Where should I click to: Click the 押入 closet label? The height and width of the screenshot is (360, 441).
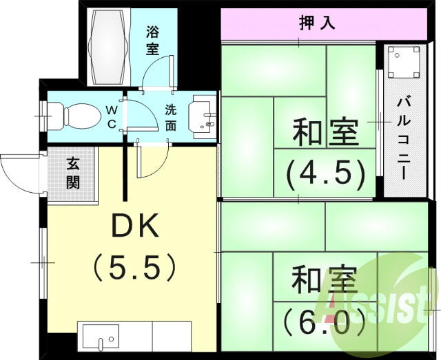coord(317,23)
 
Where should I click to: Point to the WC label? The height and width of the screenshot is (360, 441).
coord(111,117)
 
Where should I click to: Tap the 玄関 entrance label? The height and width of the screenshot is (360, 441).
coord(73,173)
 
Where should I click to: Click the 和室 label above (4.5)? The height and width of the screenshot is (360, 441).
coord(326,133)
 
